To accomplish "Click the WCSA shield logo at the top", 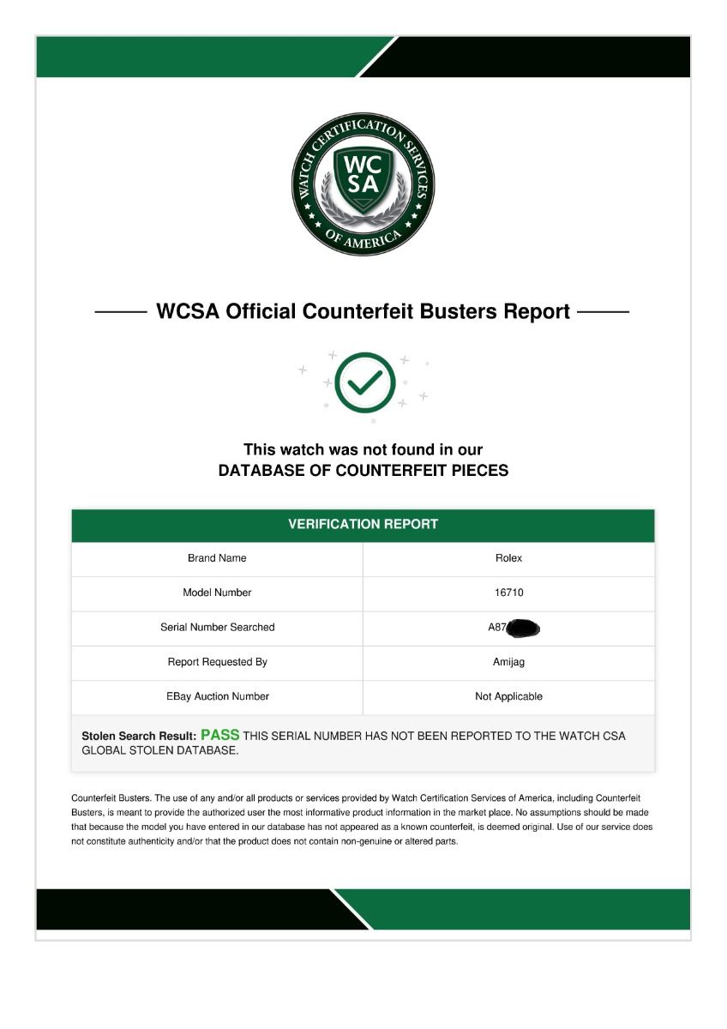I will (363, 184).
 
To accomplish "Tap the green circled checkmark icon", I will (364, 382).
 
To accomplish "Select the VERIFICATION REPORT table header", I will (363, 524).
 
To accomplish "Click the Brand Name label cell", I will (217, 558).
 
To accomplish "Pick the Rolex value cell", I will (508, 558).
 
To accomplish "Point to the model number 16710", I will (508, 593).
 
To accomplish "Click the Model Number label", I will (217, 593).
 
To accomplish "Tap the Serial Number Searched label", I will (217, 628).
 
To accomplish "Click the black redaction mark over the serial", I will (523, 628).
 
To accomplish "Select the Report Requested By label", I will (217, 662).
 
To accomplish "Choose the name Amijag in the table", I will (508, 662).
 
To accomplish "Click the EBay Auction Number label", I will (217, 696).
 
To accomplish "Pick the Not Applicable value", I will (508, 696).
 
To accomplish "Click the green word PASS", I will (219, 735).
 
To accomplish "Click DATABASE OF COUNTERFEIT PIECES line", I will (363, 471).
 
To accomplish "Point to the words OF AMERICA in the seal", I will (363, 237).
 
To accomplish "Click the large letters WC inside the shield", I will (363, 163).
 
